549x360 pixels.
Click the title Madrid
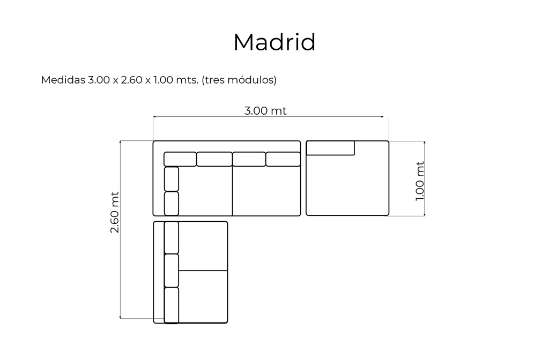(x=274, y=42)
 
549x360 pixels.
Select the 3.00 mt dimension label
(x=265, y=111)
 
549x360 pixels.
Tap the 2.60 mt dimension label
(x=115, y=212)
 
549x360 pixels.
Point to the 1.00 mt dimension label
(x=419, y=181)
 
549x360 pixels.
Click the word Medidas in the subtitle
(x=63, y=80)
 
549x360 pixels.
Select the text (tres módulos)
(x=239, y=80)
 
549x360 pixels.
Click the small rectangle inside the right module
(x=330, y=148)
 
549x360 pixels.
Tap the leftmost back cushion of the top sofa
(x=180, y=159)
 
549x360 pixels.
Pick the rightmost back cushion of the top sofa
(x=283, y=159)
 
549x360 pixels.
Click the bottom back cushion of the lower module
(x=172, y=305)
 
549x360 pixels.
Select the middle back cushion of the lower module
(x=172, y=271)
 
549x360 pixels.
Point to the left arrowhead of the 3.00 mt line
(x=154, y=116)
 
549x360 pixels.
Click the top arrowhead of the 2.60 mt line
(x=120, y=142)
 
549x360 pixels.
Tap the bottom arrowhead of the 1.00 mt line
(x=425, y=214)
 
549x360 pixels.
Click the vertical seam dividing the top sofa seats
(x=232, y=191)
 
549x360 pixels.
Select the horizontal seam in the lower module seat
(x=203, y=271)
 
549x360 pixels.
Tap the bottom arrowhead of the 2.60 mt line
(x=120, y=317)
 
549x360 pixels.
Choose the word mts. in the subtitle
(x=187, y=80)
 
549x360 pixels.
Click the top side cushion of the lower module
(x=172, y=237)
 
